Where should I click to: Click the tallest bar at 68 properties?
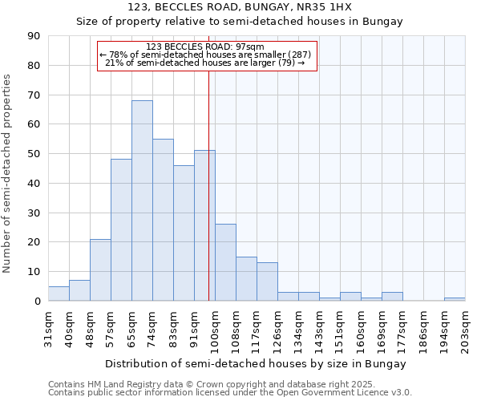142,200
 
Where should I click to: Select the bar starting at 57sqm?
121,230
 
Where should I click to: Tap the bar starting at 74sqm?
163,220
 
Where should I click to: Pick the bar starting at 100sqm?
225,262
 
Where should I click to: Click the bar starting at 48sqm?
100,270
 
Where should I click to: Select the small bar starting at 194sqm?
455,299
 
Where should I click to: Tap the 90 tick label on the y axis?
34,36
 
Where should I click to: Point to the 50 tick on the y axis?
34,154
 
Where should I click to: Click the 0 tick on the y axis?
37,302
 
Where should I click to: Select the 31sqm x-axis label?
48,327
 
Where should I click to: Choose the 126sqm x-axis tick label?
277,329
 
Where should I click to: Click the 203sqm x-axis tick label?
465,329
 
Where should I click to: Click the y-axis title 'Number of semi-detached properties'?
8,173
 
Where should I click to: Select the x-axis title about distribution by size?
256,363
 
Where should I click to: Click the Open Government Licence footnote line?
229,393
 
